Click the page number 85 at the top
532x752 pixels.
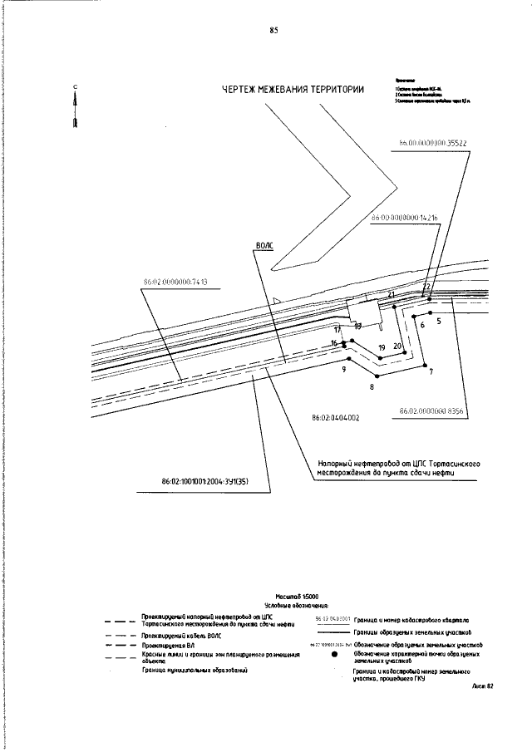(273, 30)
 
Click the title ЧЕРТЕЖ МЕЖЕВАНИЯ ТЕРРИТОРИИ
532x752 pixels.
(293, 91)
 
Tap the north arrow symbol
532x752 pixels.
(76, 108)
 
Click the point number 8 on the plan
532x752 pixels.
(372, 387)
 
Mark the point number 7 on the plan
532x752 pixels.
(431, 371)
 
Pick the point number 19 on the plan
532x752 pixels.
(382, 347)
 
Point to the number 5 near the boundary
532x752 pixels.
(438, 319)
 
